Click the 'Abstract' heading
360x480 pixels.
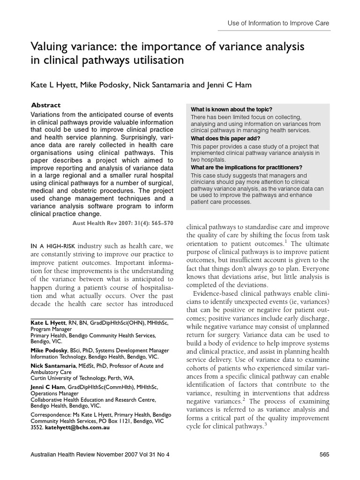[45, 105]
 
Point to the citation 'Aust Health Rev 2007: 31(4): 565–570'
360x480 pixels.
[123, 224]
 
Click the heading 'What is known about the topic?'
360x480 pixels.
[232, 109]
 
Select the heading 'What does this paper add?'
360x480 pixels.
[225, 138]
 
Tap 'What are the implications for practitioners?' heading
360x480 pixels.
[247, 167]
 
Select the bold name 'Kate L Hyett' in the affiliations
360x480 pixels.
[48, 324]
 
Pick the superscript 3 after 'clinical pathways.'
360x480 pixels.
[265, 425]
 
